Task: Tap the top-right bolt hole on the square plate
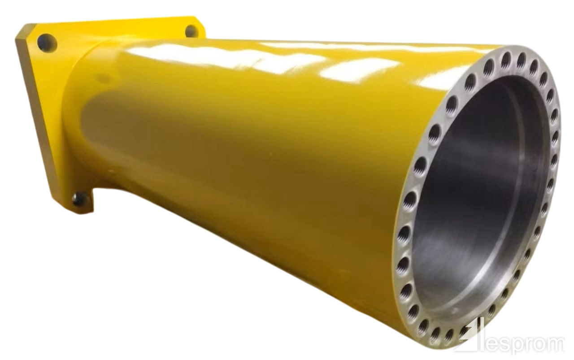coord(191,31)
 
